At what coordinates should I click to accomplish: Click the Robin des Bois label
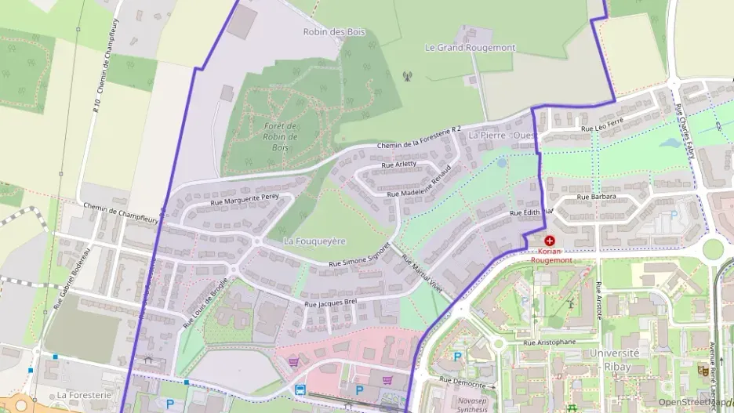pos(334,32)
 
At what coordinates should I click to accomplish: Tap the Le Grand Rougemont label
pos(470,48)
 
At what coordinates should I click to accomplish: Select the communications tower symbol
pos(406,77)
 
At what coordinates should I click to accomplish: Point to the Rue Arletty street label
pos(398,165)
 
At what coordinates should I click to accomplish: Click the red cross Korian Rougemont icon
pos(549,241)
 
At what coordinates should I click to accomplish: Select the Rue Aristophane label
pos(550,342)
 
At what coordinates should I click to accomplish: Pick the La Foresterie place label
pos(84,395)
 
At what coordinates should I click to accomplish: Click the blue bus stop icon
pos(300,389)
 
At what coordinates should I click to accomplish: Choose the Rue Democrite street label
pos(467,382)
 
